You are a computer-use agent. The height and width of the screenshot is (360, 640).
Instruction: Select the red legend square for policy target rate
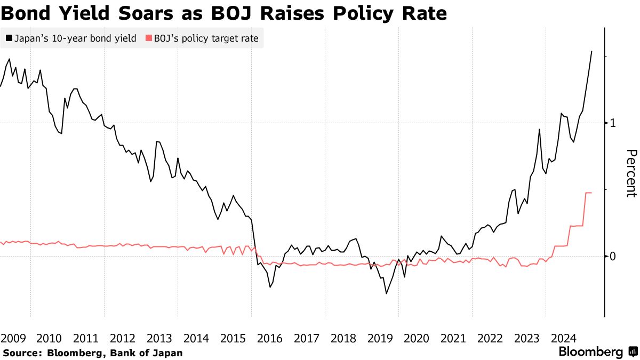click(148, 38)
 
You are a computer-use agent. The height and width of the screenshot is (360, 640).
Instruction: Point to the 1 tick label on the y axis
click(613, 123)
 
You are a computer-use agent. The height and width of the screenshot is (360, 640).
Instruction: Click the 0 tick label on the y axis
click(613, 257)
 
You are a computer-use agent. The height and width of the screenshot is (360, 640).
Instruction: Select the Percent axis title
click(630, 173)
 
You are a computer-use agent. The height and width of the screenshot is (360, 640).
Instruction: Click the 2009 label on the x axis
click(14, 338)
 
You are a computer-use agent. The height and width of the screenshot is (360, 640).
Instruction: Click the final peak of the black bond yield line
click(591, 52)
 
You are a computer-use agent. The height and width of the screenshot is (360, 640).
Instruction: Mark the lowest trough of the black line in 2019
click(386, 293)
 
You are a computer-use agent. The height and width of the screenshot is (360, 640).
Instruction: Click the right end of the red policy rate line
click(591, 193)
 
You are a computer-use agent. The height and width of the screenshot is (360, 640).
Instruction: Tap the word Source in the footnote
click(20, 353)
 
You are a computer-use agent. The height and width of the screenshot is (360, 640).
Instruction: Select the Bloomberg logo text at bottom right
click(590, 352)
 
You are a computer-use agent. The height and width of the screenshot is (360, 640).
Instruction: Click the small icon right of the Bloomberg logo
click(633, 352)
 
